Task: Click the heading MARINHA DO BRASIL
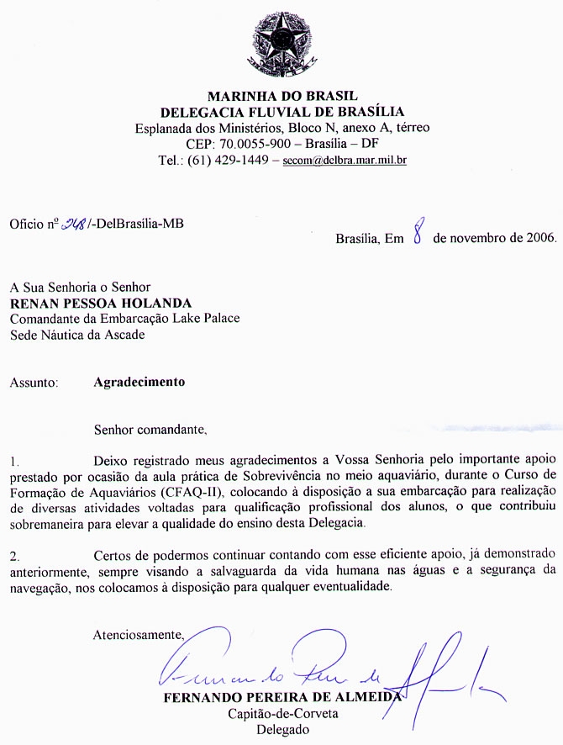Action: (x=283, y=95)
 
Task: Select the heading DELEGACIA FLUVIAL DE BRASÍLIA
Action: (x=283, y=111)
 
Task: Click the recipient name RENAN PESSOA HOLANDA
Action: (x=100, y=303)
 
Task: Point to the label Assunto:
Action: (x=34, y=382)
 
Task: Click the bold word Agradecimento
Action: (x=139, y=382)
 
